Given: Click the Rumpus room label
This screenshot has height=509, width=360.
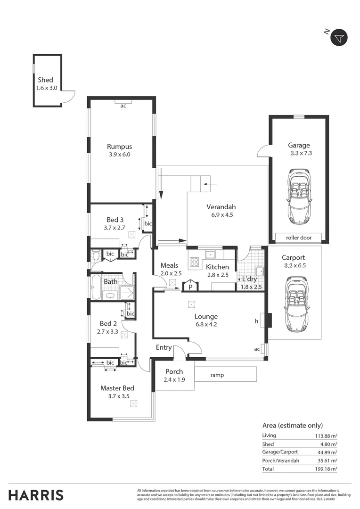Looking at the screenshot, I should (119, 146).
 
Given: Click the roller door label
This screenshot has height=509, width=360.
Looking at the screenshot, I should (299, 238).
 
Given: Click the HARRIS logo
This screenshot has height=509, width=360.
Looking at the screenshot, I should (36, 495).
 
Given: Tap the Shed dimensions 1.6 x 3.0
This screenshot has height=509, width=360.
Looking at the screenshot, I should (47, 88).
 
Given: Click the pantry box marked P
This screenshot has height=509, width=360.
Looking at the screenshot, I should (191, 286).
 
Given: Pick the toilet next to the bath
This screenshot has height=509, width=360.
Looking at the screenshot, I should (96, 256).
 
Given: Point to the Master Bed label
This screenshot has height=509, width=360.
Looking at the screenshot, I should (117, 388).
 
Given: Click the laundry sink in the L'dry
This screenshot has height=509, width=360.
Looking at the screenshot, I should (258, 271).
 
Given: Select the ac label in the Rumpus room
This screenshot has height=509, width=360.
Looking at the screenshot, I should (123, 106).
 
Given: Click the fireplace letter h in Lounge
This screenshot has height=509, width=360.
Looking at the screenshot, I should (256, 321).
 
